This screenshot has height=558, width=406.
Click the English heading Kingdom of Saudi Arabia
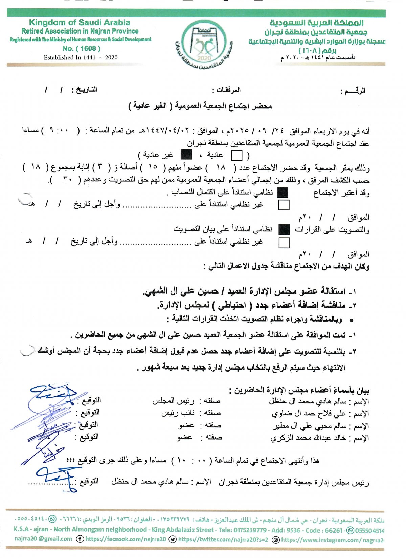(x=80, y=23)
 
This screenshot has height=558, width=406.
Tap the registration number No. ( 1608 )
(x=81, y=48)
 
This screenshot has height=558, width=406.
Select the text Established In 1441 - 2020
(x=81, y=57)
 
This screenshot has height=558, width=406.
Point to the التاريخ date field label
(x=84, y=90)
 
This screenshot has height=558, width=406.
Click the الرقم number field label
(x=353, y=91)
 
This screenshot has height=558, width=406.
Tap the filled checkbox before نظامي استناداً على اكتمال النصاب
(x=283, y=193)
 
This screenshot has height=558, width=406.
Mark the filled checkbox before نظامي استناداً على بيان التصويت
(x=284, y=230)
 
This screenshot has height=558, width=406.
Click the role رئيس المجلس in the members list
(x=173, y=401)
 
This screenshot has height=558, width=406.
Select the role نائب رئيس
(x=178, y=413)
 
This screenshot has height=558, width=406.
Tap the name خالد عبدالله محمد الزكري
(x=308, y=438)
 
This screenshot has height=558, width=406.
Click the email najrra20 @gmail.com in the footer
(x=43, y=539)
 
